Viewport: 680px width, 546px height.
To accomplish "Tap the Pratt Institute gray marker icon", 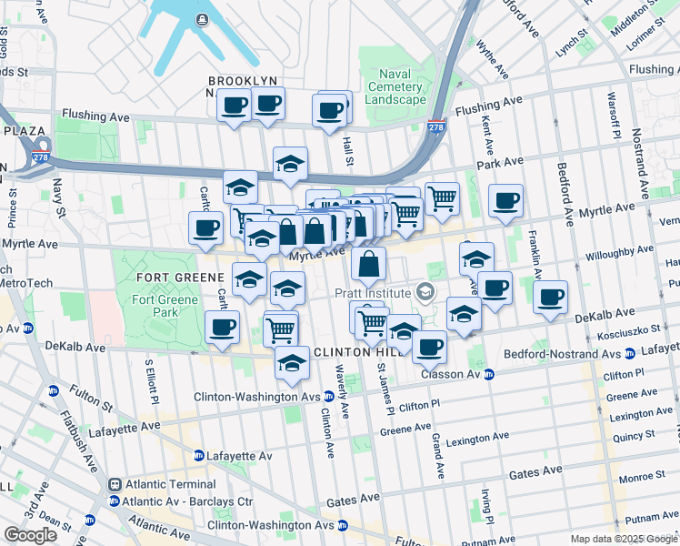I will pos(424,292).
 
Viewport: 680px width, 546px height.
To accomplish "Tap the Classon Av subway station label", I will pos(450,374).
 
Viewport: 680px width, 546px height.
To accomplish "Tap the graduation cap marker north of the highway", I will pos(290,164).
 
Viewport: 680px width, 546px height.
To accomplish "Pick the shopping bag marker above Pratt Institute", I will pos(368,265).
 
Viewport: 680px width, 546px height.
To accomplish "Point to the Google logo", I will pos(30,535).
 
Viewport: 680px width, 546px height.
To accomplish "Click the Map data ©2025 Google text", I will pos(623,539).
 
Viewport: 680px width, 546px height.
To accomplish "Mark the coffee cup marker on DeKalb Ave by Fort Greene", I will pos(221,328).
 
